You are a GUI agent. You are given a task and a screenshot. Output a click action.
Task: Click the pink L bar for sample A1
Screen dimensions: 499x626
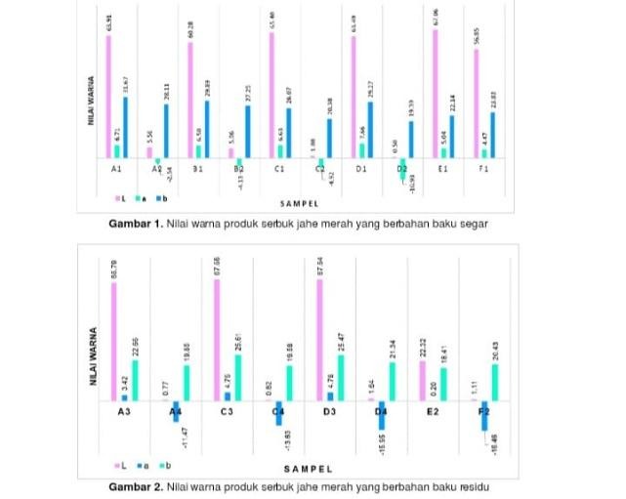pos(108,96)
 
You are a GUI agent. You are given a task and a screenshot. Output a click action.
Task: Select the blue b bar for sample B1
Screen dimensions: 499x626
pos(206,129)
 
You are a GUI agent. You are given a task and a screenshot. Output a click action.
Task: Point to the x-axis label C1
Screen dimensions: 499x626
pos(278,168)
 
